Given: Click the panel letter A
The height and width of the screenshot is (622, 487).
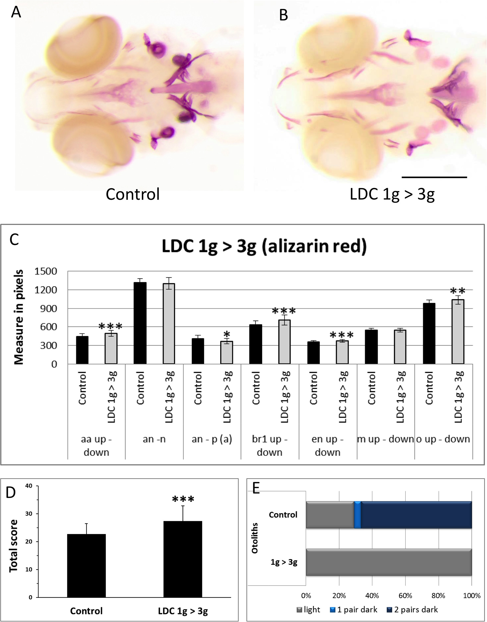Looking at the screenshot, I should [x=16, y=12].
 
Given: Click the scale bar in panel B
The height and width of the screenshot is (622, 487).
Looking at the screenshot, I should [x=434, y=177].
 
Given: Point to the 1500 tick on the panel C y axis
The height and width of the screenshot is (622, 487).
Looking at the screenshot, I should [x=46, y=271].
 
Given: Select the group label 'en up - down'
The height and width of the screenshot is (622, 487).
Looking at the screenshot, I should [x=327, y=445].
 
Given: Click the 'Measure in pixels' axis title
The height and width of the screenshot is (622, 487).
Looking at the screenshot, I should [x=19, y=317].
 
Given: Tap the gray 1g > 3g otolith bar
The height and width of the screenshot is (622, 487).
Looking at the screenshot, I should [x=389, y=562].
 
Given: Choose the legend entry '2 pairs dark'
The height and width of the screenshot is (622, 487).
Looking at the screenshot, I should [x=412, y=609].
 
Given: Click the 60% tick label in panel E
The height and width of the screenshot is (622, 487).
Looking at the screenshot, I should [x=405, y=595].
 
